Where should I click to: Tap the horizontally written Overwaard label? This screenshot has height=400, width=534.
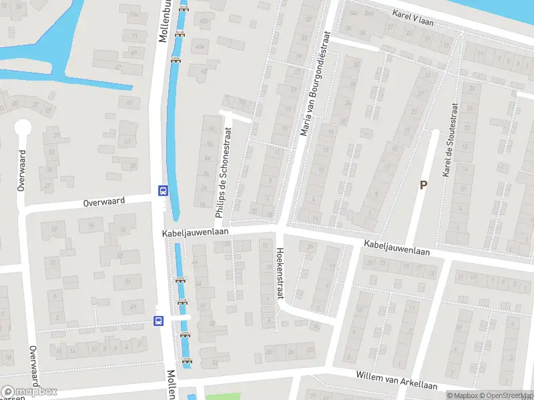pyautogui.click(x=105, y=201)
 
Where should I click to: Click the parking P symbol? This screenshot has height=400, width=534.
pyautogui.click(x=423, y=185)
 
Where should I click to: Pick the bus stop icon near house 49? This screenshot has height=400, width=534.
pyautogui.click(x=158, y=321)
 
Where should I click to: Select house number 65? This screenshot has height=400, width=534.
pyautogui.click(x=129, y=103)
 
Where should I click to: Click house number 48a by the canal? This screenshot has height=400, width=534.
pyautogui.click(x=200, y=46)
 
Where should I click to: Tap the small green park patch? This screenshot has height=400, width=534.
pyautogui.click(x=222, y=397)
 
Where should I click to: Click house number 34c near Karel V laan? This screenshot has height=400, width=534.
pyautogui.click(x=354, y=13)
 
